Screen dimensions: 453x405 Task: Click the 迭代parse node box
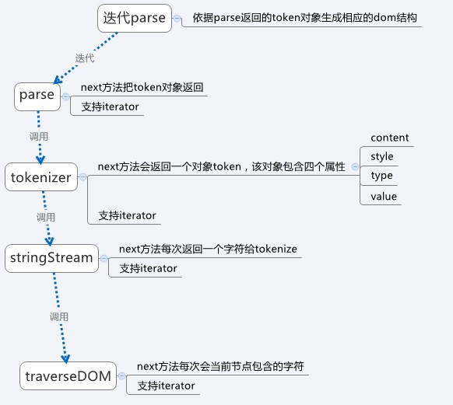135,18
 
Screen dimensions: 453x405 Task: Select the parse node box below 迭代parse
37,96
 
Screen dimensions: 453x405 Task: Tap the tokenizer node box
41,176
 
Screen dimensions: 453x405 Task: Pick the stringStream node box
51,258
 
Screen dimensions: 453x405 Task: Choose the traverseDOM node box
68,376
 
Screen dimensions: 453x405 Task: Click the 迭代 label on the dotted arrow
85,58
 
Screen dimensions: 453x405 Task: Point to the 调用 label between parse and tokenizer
39,137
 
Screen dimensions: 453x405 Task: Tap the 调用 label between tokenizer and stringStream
46,217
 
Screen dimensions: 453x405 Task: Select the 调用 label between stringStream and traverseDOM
59,316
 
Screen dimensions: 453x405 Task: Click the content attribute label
390,138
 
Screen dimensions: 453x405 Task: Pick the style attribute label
382,156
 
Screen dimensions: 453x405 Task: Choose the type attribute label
381,176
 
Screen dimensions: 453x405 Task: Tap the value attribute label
384,197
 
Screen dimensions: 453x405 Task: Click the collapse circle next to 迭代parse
177,19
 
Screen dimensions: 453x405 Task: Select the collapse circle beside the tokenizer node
83,176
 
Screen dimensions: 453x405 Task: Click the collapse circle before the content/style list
355,166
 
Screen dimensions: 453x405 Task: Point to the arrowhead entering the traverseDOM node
65,358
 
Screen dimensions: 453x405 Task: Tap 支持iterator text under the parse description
110,106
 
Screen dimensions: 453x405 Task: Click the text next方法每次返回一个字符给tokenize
208,249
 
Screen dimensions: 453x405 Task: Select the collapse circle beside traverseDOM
122,376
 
